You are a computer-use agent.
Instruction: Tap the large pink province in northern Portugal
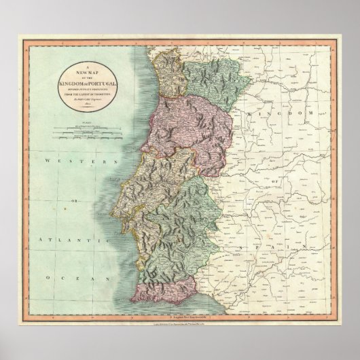[x=190, y=122]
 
